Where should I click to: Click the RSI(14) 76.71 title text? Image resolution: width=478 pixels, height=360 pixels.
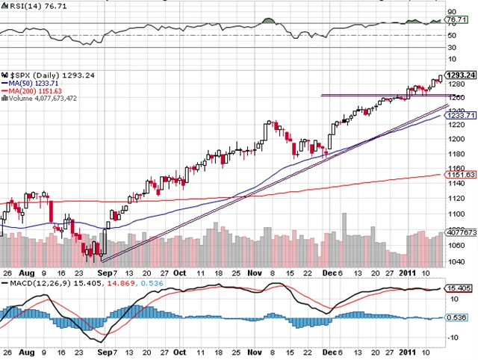click(x=29, y=6)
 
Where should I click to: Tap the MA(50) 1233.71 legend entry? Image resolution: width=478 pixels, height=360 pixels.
click(x=32, y=84)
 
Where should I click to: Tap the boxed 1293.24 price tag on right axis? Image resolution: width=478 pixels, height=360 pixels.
click(x=460, y=75)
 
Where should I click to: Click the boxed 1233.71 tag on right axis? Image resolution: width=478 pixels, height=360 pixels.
click(x=459, y=116)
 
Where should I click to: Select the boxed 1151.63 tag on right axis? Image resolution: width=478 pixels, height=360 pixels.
click(x=459, y=174)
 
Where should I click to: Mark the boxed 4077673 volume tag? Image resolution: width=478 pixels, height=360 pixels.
click(x=461, y=232)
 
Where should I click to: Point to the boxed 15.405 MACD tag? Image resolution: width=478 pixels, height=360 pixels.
click(x=459, y=288)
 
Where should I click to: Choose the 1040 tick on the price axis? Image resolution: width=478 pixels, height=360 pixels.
click(x=455, y=261)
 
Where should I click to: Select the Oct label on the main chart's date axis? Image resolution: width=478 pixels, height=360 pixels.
click(x=180, y=273)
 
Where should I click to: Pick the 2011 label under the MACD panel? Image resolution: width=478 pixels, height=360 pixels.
click(x=407, y=351)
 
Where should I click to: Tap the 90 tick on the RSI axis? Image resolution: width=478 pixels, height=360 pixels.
click(x=452, y=12)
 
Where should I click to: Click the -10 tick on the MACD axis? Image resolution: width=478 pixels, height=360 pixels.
click(x=453, y=337)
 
